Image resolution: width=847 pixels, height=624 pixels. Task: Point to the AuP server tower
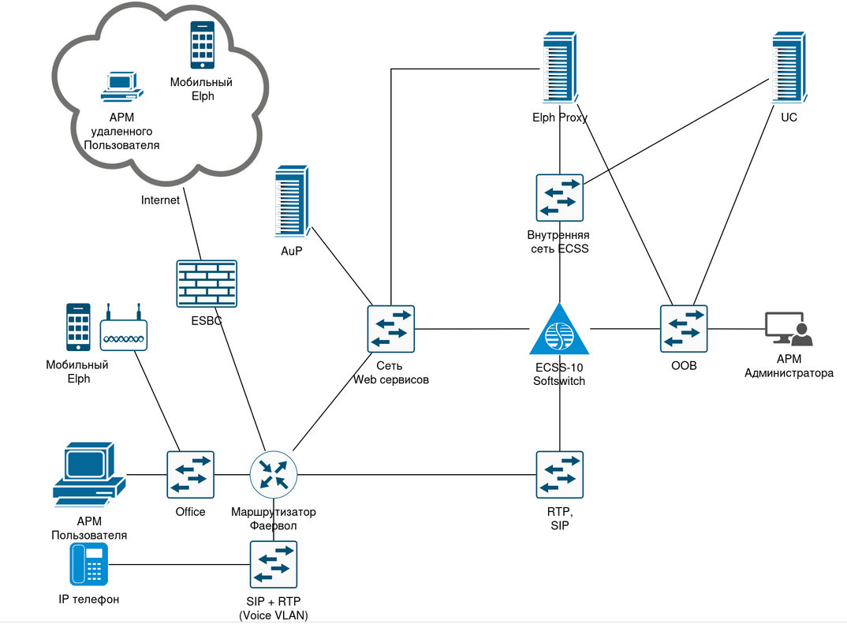[x=290, y=201]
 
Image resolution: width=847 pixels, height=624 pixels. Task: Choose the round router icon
[x=273, y=474]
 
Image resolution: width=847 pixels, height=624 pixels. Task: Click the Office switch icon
[x=190, y=474]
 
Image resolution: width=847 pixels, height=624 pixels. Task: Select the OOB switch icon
[x=684, y=328]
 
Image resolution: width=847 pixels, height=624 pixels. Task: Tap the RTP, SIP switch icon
[x=559, y=474]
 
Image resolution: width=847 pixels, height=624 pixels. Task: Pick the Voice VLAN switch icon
[x=273, y=564]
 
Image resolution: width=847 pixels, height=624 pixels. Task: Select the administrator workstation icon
[x=788, y=329]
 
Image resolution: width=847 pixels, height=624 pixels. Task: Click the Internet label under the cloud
[x=160, y=200]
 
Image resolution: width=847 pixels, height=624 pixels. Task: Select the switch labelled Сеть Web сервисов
[x=391, y=329]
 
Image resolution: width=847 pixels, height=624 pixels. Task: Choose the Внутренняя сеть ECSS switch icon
[x=559, y=197]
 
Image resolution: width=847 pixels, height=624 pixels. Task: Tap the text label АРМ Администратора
[x=789, y=367]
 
